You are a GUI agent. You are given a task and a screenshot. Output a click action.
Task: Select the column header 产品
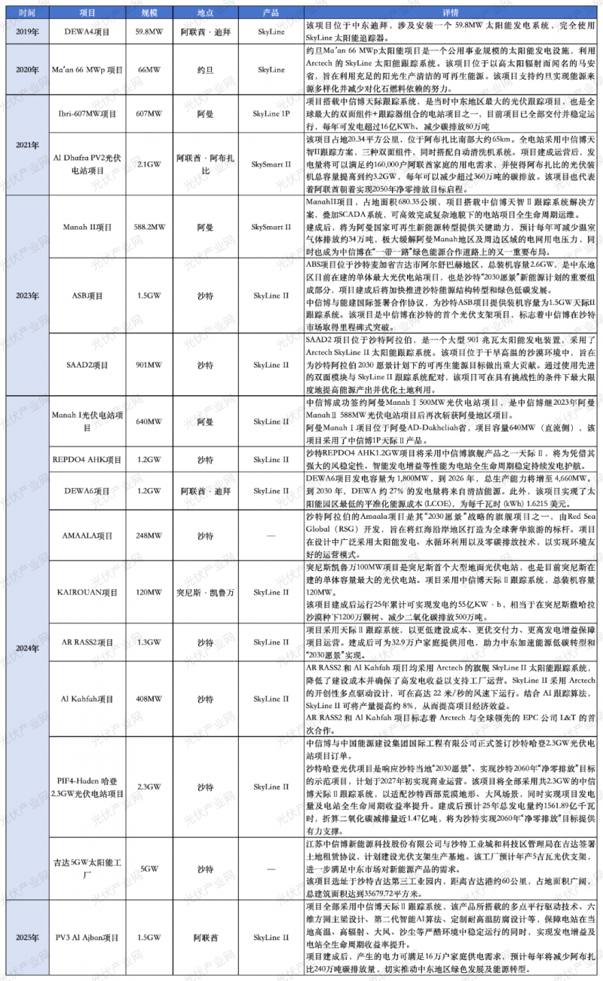pos(270,14)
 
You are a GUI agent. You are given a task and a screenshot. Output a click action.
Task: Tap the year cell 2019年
pos(26,33)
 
